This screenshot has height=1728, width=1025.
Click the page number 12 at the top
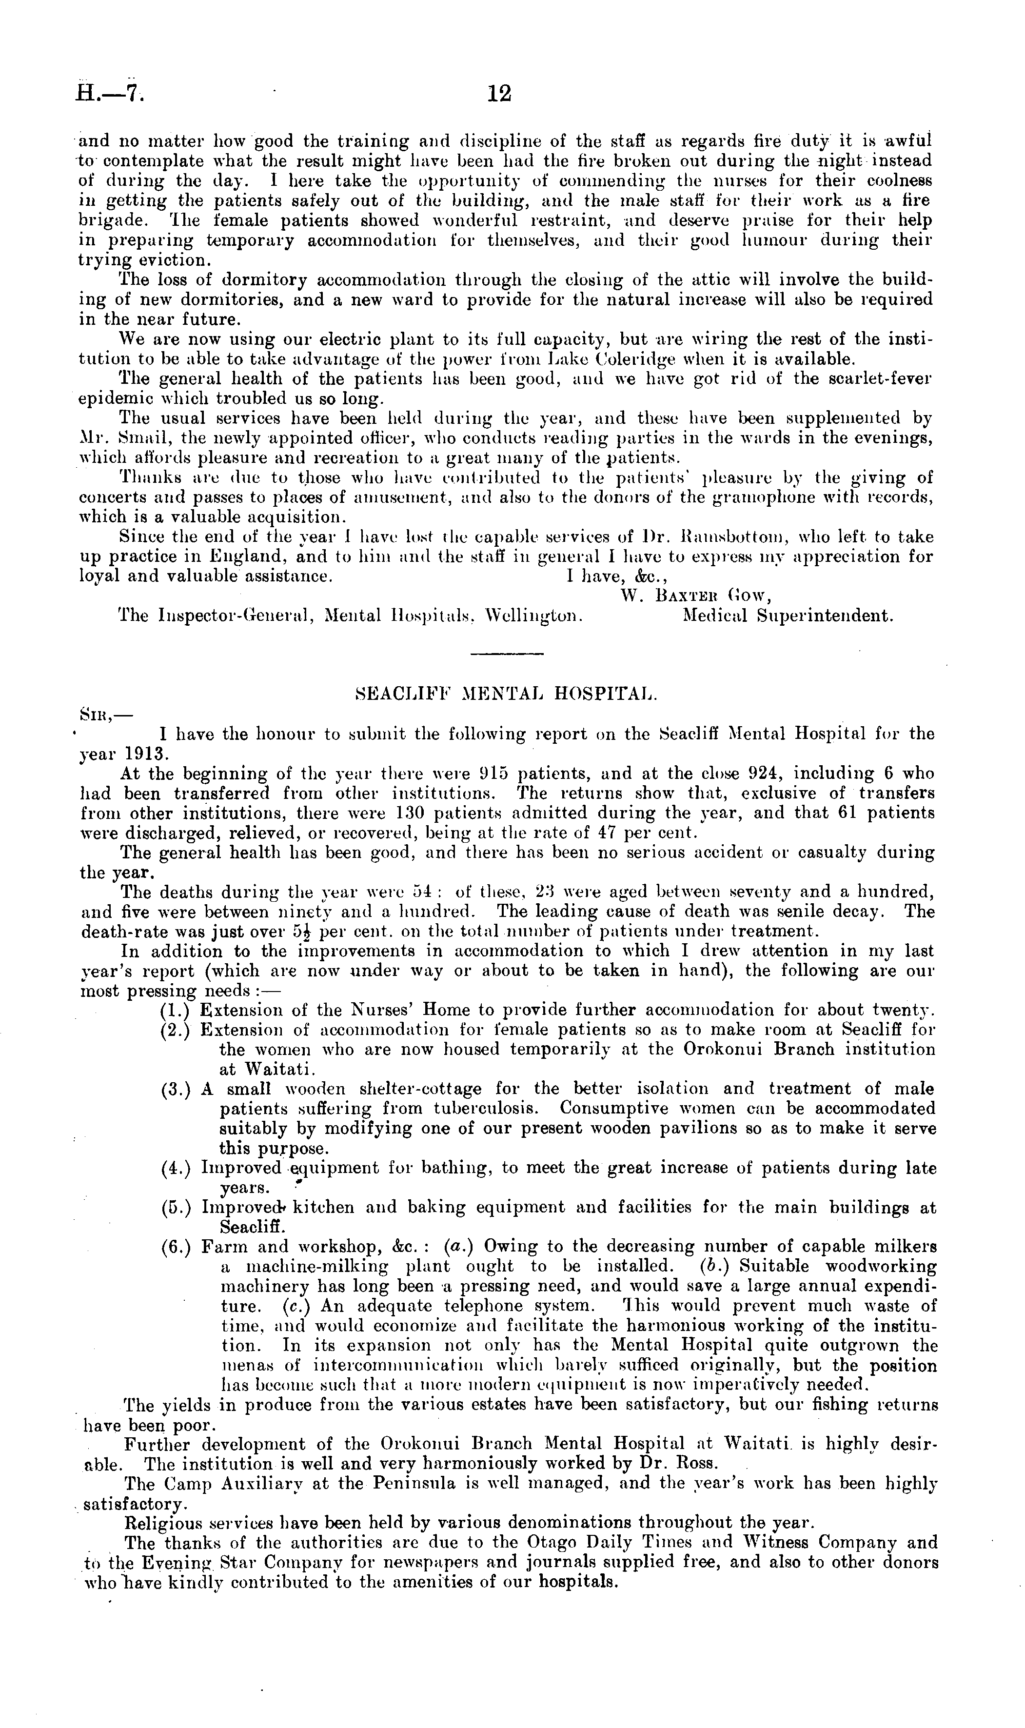[499, 93]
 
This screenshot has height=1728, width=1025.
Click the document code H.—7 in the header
[111, 93]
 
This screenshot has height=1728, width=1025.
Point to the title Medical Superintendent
[788, 616]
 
